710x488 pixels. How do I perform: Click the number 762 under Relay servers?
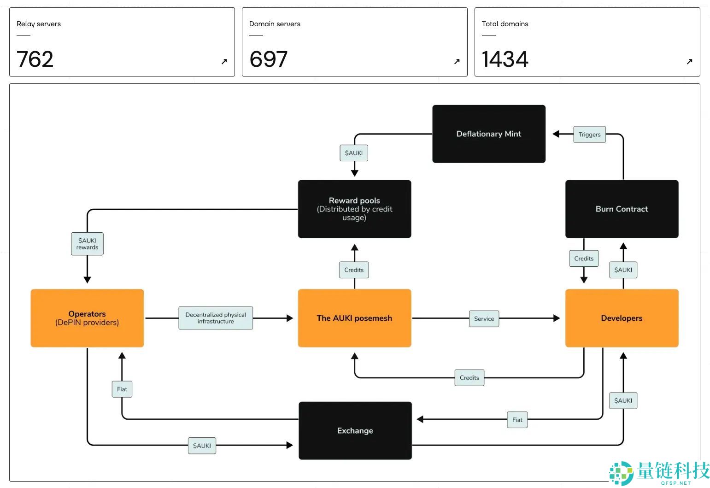click(35, 59)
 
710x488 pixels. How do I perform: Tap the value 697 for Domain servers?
click(268, 59)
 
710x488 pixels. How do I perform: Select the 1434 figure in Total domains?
click(505, 59)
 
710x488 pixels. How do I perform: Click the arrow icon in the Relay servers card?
click(224, 61)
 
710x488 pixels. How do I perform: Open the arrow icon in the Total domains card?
click(689, 61)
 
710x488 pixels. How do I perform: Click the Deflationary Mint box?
click(489, 134)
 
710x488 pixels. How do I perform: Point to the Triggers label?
click(589, 135)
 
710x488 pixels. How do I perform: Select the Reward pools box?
click(354, 209)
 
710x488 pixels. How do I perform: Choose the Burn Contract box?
click(622, 209)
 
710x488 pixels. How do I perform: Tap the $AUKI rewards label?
click(87, 244)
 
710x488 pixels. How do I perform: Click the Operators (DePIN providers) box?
click(87, 318)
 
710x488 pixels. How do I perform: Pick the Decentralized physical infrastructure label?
click(216, 318)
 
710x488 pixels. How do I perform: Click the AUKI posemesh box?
click(354, 318)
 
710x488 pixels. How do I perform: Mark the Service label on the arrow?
click(484, 318)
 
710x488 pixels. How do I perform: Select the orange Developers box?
click(622, 318)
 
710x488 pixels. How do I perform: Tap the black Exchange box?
click(355, 430)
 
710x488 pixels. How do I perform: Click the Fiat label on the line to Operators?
click(122, 389)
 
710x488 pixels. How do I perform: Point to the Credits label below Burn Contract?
click(584, 259)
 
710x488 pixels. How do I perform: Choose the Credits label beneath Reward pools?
click(354, 270)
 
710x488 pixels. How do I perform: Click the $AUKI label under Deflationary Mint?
click(354, 153)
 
